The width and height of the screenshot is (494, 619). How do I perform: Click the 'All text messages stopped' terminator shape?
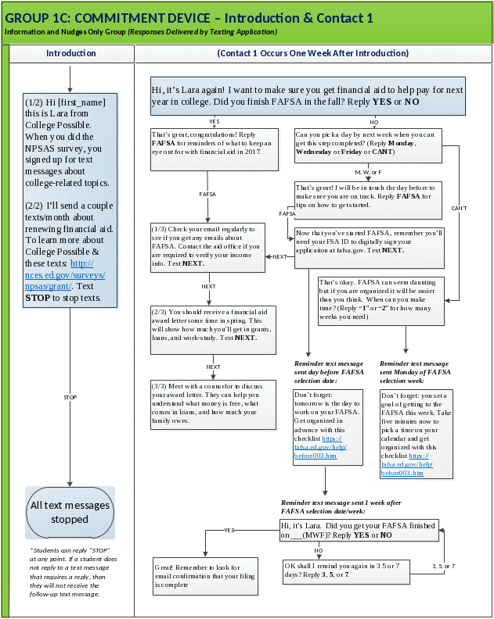click(70, 511)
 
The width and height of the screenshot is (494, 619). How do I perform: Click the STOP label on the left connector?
click(70, 397)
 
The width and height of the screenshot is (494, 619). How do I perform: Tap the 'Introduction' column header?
click(70, 53)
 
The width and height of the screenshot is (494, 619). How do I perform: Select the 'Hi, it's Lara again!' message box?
click(308, 95)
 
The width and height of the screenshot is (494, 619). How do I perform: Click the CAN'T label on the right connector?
click(460, 208)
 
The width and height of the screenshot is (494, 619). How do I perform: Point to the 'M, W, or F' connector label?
click(368, 171)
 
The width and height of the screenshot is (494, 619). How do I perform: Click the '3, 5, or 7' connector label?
click(443, 565)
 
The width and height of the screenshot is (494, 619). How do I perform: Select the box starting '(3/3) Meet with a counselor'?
click(213, 404)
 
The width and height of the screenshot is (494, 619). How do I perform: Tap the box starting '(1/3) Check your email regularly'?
click(208, 245)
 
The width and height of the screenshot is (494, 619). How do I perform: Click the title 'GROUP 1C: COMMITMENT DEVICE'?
click(189, 17)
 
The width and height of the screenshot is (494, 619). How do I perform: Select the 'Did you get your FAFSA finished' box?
click(359, 530)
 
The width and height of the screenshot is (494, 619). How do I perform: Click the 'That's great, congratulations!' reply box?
click(215, 148)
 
